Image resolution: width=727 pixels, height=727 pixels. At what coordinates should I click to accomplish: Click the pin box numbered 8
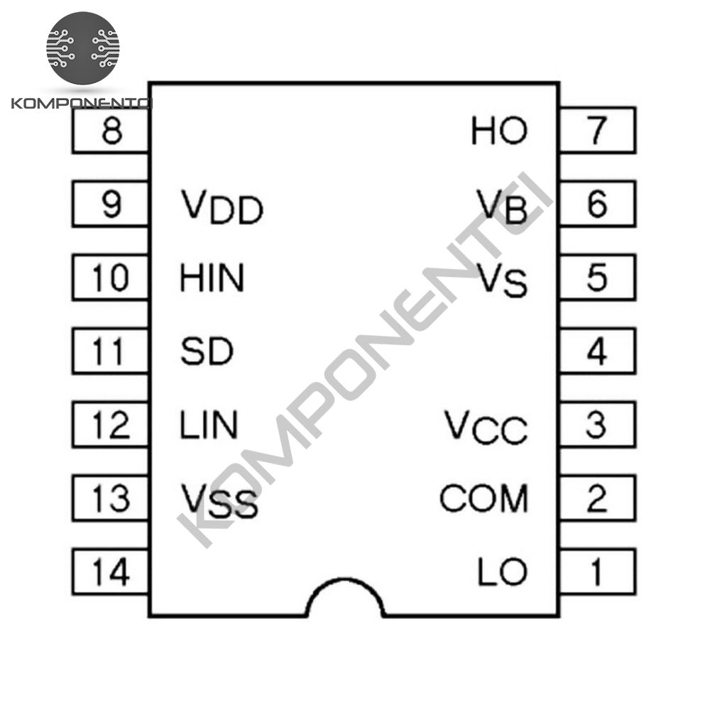[x=110, y=130]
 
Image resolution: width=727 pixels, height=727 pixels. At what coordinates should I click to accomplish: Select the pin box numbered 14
[x=110, y=572]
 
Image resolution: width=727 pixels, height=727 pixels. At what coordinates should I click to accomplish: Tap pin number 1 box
[x=598, y=572]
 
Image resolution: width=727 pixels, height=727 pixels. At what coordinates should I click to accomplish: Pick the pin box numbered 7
[x=598, y=130]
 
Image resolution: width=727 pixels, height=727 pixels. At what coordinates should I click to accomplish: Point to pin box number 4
[x=598, y=351]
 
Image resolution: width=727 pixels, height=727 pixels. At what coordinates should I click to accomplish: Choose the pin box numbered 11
[x=110, y=351]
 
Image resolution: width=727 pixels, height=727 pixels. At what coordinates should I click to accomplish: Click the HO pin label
[x=499, y=131]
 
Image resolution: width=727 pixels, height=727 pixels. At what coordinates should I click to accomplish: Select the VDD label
[x=222, y=207]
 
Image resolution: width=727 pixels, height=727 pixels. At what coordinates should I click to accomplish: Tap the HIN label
[x=212, y=278]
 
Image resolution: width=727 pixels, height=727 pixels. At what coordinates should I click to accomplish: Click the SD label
[x=207, y=351]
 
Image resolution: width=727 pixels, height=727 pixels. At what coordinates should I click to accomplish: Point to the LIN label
[x=209, y=425]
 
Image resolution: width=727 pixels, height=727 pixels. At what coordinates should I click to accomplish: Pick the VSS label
[x=219, y=501]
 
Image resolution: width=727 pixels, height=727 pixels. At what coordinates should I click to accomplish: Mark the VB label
[x=503, y=206]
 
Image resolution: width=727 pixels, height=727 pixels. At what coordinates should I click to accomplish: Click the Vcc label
[x=486, y=427]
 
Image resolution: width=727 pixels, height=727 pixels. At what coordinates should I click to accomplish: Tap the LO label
[x=503, y=572]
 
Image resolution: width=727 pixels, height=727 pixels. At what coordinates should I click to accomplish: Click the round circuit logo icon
[x=83, y=48]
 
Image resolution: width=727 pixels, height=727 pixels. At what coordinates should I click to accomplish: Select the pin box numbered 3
[x=598, y=425]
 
